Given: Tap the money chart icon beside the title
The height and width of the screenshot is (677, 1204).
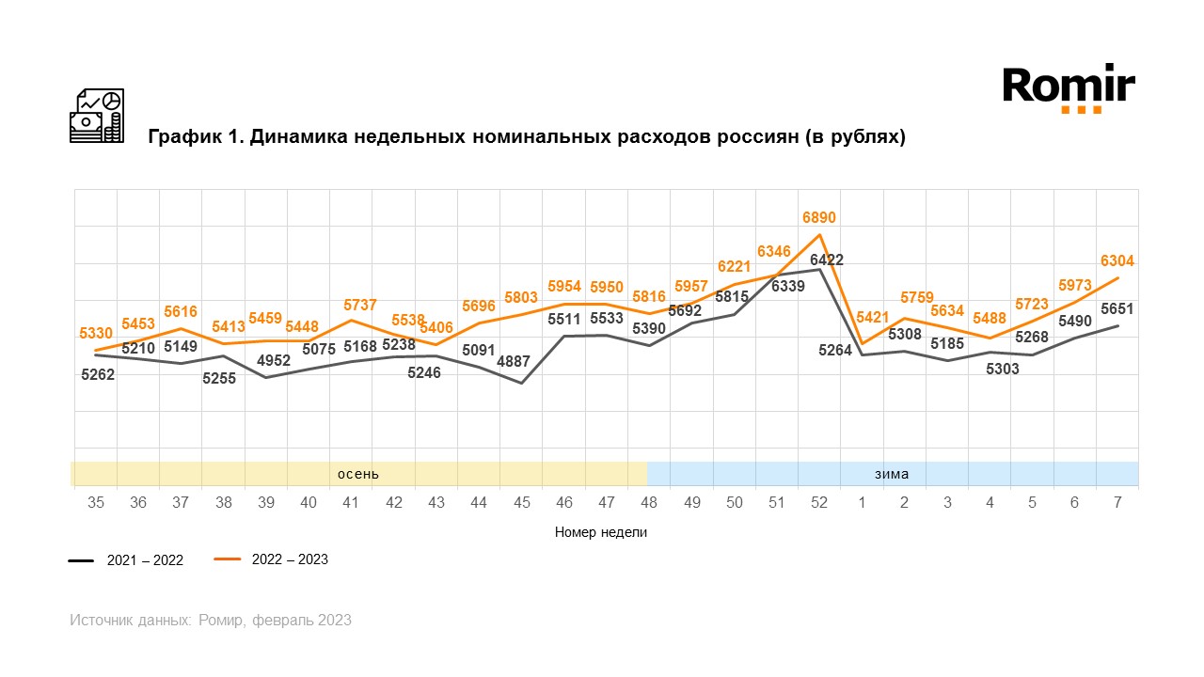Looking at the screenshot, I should tap(97, 116).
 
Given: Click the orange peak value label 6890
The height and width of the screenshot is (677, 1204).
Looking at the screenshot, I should tap(819, 217).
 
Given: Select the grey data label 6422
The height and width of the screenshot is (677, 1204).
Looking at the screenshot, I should tap(827, 260).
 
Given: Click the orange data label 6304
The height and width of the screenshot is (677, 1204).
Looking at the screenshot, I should tap(1117, 261).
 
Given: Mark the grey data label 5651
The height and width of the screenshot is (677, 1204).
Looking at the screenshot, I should tap(1117, 308).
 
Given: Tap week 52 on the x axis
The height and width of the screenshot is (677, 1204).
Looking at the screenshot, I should tap(819, 503).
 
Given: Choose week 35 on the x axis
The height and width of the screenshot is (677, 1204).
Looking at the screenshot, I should tap(96, 503).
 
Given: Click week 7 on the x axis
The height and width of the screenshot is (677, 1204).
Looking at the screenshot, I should tap(1117, 503).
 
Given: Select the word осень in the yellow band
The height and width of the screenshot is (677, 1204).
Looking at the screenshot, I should tap(358, 474).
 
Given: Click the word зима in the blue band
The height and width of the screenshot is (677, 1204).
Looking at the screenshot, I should tap(892, 474).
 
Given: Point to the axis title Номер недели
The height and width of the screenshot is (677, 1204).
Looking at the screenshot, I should tap(601, 532).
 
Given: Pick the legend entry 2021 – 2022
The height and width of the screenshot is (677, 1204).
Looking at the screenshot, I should tap(145, 560).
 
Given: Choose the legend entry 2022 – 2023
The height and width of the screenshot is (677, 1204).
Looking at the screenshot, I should tap(290, 559).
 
